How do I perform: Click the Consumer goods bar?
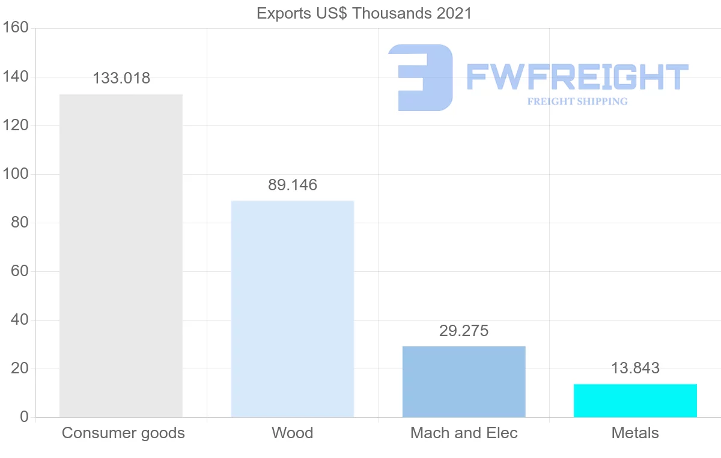(121, 255)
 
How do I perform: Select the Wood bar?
(293, 309)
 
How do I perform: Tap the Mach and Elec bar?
(464, 381)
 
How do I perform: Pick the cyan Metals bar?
(635, 400)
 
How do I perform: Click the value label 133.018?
(121, 78)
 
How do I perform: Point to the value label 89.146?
(293, 185)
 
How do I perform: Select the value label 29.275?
(464, 331)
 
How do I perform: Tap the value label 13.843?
(635, 368)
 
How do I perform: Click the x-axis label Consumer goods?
(123, 433)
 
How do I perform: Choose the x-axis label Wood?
(293, 433)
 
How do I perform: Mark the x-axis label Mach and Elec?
(464, 433)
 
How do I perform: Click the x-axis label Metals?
(635, 433)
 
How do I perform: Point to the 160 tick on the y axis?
(17, 28)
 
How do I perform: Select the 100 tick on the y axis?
(17, 174)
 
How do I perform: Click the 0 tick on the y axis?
(24, 417)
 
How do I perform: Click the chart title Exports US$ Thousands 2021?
(364, 13)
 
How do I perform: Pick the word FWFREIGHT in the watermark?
(577, 77)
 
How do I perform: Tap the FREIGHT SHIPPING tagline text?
(577, 101)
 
